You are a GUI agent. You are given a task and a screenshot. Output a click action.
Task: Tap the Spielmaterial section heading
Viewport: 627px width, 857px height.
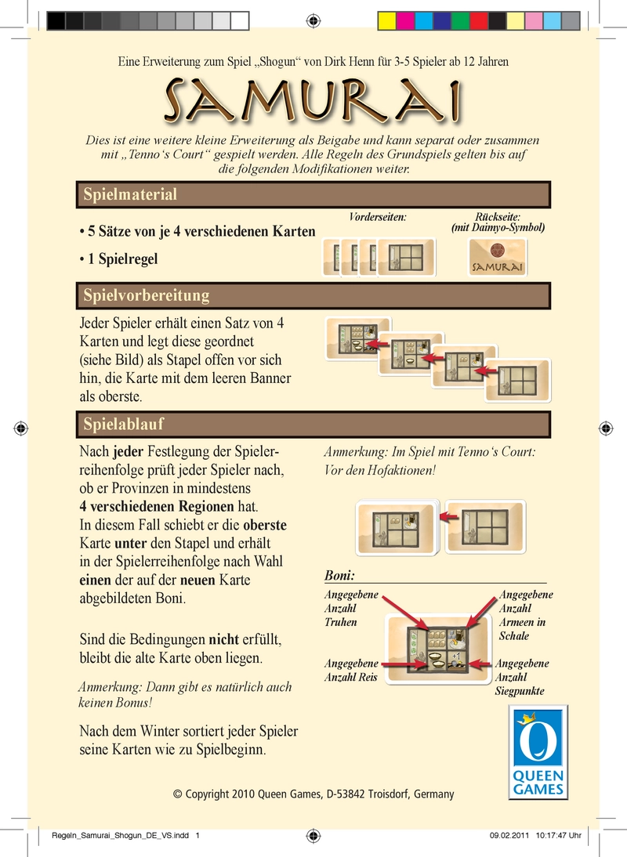(x=130, y=194)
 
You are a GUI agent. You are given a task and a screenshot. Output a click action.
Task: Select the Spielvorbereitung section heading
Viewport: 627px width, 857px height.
(x=147, y=295)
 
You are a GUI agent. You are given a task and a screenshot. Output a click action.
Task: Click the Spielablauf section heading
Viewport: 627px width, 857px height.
(x=123, y=424)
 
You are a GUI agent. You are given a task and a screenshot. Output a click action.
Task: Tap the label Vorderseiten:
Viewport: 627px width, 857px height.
(x=377, y=216)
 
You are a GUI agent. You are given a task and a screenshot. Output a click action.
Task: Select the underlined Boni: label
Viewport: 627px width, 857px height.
(x=340, y=576)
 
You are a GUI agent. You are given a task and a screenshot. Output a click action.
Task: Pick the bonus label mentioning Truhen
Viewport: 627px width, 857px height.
(x=350, y=609)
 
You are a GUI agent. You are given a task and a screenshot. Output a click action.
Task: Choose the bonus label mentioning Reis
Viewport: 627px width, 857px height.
(x=351, y=671)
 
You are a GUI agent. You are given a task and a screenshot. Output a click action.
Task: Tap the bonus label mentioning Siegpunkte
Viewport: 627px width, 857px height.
(x=522, y=678)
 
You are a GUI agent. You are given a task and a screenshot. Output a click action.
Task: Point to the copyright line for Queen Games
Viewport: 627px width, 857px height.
(x=313, y=794)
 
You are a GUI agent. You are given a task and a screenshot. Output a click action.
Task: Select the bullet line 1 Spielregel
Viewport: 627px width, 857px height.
(x=118, y=259)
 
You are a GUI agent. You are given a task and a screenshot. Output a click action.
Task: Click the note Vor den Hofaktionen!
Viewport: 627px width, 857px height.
(x=379, y=471)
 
